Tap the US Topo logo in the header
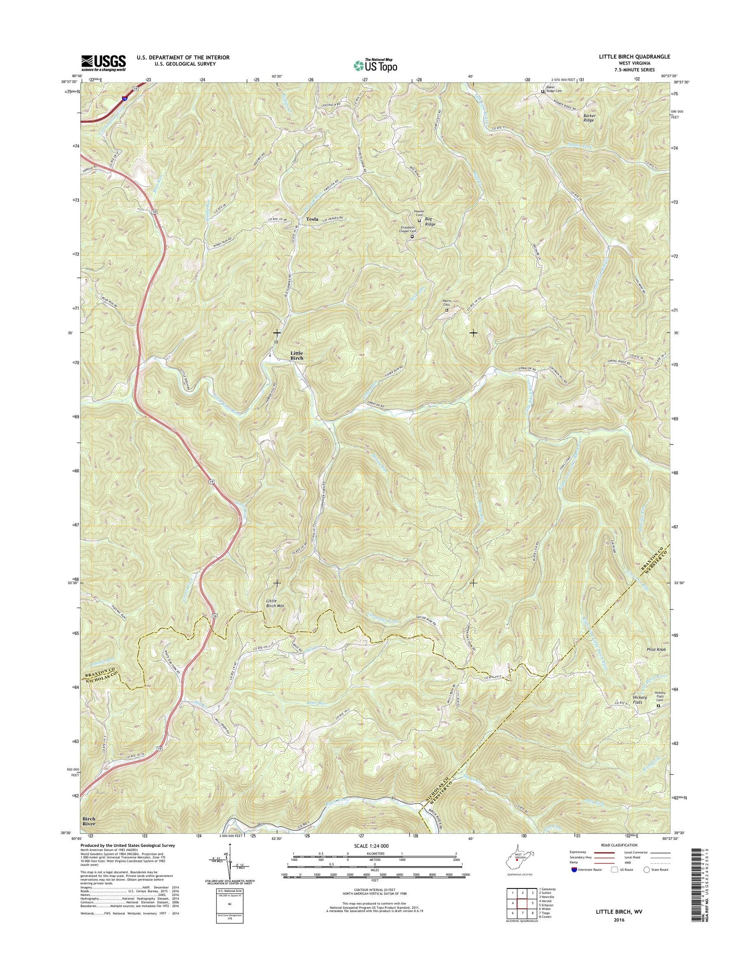coord(375,65)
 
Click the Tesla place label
coord(308,219)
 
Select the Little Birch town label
coord(297,355)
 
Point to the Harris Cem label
coord(447,304)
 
